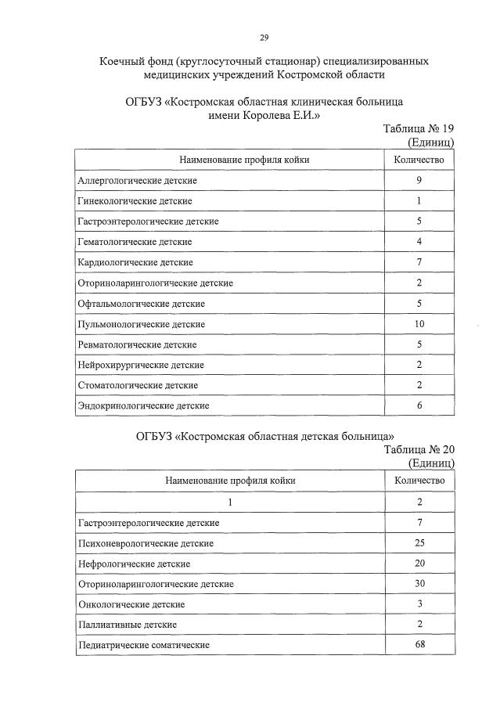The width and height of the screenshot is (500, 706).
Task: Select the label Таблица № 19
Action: (418, 129)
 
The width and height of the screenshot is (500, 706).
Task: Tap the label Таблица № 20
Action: (419, 450)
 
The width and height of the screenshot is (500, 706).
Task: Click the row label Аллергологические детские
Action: (137, 181)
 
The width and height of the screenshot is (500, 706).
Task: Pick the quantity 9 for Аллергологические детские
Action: (419, 181)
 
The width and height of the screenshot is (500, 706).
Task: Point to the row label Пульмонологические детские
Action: (142, 323)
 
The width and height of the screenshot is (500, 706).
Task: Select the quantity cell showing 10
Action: (419, 323)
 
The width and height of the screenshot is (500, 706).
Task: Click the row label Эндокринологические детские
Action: (142, 405)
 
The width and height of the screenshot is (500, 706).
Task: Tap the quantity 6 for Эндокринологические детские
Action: (419, 405)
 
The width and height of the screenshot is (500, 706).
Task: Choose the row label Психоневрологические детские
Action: (146, 542)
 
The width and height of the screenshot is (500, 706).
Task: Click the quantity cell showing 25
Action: (419, 542)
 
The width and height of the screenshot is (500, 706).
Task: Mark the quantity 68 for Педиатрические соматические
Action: (419, 645)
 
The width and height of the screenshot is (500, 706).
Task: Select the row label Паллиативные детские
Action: (127, 625)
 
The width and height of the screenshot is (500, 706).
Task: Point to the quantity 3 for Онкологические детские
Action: (419, 604)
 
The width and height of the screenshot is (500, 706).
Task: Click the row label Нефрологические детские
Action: (134, 564)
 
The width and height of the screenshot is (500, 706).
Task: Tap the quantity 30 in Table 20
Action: (419, 584)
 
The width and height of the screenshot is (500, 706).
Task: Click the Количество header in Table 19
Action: (419, 160)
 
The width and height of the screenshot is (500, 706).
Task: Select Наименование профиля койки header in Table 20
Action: (230, 481)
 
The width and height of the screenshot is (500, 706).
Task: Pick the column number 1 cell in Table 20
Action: (230, 502)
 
